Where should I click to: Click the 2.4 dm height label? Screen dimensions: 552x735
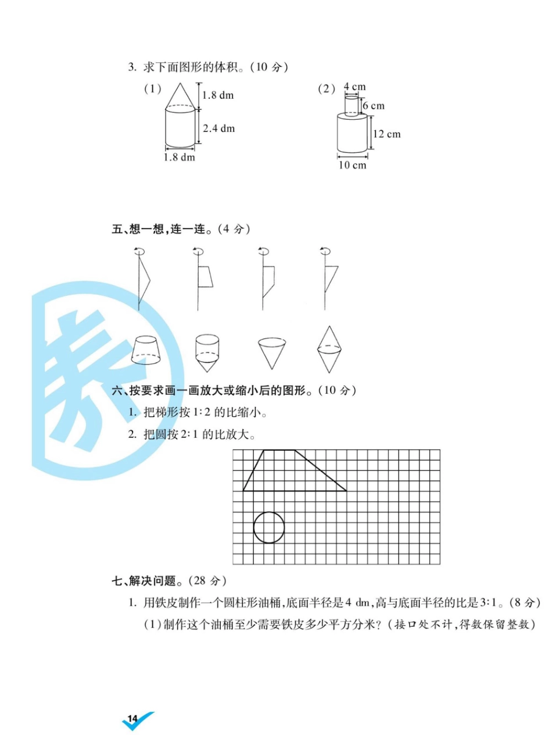pos(219,129)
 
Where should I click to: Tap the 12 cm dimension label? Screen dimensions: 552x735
pos(387,134)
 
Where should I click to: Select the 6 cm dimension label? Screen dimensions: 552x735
pos(374,106)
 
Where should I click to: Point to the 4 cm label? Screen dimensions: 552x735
pos(354,87)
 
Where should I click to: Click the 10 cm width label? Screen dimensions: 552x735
pos(353,165)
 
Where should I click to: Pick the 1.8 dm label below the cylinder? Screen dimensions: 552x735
pos(180,157)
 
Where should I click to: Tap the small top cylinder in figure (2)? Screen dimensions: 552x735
pos(352,106)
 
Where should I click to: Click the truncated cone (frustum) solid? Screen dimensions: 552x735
pos(146,351)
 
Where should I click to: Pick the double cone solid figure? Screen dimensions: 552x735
pos(329,349)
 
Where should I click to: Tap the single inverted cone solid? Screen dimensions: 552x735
pos(272,354)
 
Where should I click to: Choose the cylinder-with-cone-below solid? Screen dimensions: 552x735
pos(207,352)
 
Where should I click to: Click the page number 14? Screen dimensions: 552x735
pos(132,718)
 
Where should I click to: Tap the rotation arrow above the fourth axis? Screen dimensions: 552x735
pos(325,251)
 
